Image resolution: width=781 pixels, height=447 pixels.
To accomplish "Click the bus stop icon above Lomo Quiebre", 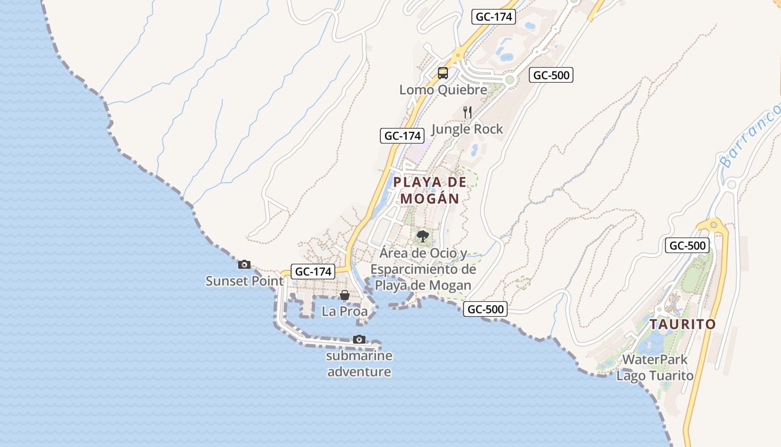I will coord(443,73).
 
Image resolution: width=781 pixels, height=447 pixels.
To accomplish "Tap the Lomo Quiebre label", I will coord(443,89).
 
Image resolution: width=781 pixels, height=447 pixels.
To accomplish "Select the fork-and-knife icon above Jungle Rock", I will coord(467,112).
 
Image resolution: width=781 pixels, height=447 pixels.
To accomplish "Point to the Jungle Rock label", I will coord(467,129).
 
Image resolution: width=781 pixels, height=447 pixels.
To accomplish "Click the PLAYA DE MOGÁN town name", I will coord(430,190).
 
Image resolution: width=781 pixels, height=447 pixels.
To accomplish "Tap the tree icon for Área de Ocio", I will coord(423,236).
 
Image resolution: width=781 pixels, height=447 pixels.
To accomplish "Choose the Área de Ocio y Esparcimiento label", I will coord(423,269).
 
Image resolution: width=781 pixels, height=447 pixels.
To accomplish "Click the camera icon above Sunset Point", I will coord(244,265).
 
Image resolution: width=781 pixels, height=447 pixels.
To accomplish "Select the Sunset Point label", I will coord(244,280).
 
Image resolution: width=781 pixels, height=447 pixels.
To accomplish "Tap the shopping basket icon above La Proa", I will coord(345,295).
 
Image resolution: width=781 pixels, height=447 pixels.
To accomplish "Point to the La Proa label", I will coord(345,311).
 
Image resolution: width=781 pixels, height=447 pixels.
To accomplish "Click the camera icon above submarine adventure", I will coord(359,340).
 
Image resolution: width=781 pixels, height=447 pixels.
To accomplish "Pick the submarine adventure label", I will coord(359,364).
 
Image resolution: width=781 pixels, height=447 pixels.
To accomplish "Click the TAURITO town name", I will coord(682,324).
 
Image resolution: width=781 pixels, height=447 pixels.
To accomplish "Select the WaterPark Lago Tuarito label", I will coord(655,368).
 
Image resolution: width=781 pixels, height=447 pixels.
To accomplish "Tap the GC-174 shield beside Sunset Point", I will coord(313,272).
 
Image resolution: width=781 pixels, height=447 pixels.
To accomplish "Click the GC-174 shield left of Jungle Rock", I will coord(402,135).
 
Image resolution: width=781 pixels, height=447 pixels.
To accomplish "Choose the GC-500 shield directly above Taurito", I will coord(687,245).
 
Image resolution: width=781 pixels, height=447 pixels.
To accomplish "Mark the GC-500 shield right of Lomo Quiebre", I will coord(551,75).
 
